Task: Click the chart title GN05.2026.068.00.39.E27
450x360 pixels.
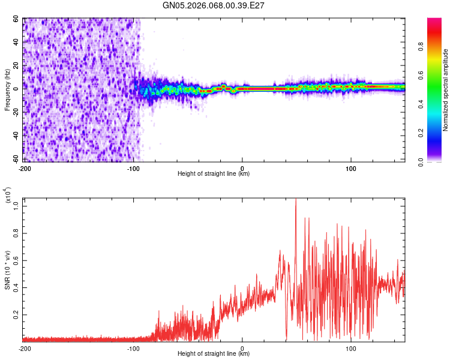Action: tap(214, 5)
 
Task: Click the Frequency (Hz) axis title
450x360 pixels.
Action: tap(8, 90)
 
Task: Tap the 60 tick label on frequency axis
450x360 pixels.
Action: tap(16, 19)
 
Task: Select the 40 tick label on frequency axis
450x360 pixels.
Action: tap(16, 42)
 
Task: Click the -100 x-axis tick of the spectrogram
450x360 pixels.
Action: tap(133, 167)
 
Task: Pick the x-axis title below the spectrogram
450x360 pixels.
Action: tap(214, 174)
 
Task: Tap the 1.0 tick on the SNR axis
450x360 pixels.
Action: tap(16, 205)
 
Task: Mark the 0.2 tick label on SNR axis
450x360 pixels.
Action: tap(16, 314)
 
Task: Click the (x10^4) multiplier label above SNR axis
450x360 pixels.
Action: tap(8, 196)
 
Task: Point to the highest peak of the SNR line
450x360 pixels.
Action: tap(295, 200)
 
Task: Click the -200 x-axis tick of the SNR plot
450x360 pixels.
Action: tap(25, 349)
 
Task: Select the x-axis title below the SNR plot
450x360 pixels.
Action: tap(214, 355)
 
